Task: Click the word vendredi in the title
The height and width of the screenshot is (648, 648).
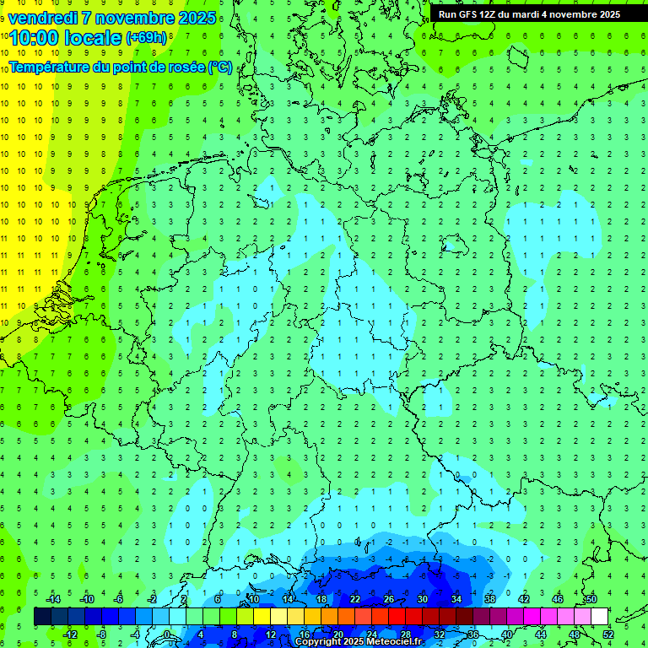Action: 42,18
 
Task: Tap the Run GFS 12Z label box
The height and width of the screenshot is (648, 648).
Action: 529,14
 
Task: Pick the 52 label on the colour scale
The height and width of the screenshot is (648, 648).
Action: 608,634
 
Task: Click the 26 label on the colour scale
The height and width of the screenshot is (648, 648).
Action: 389,599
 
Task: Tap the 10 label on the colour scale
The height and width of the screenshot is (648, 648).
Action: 254,599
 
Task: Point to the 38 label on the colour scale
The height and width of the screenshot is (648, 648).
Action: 490,599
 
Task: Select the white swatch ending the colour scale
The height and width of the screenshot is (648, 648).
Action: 599,617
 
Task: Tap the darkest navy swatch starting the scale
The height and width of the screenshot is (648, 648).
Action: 42,617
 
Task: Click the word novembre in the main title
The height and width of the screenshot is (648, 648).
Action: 136,18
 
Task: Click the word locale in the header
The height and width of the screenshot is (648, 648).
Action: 94,38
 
